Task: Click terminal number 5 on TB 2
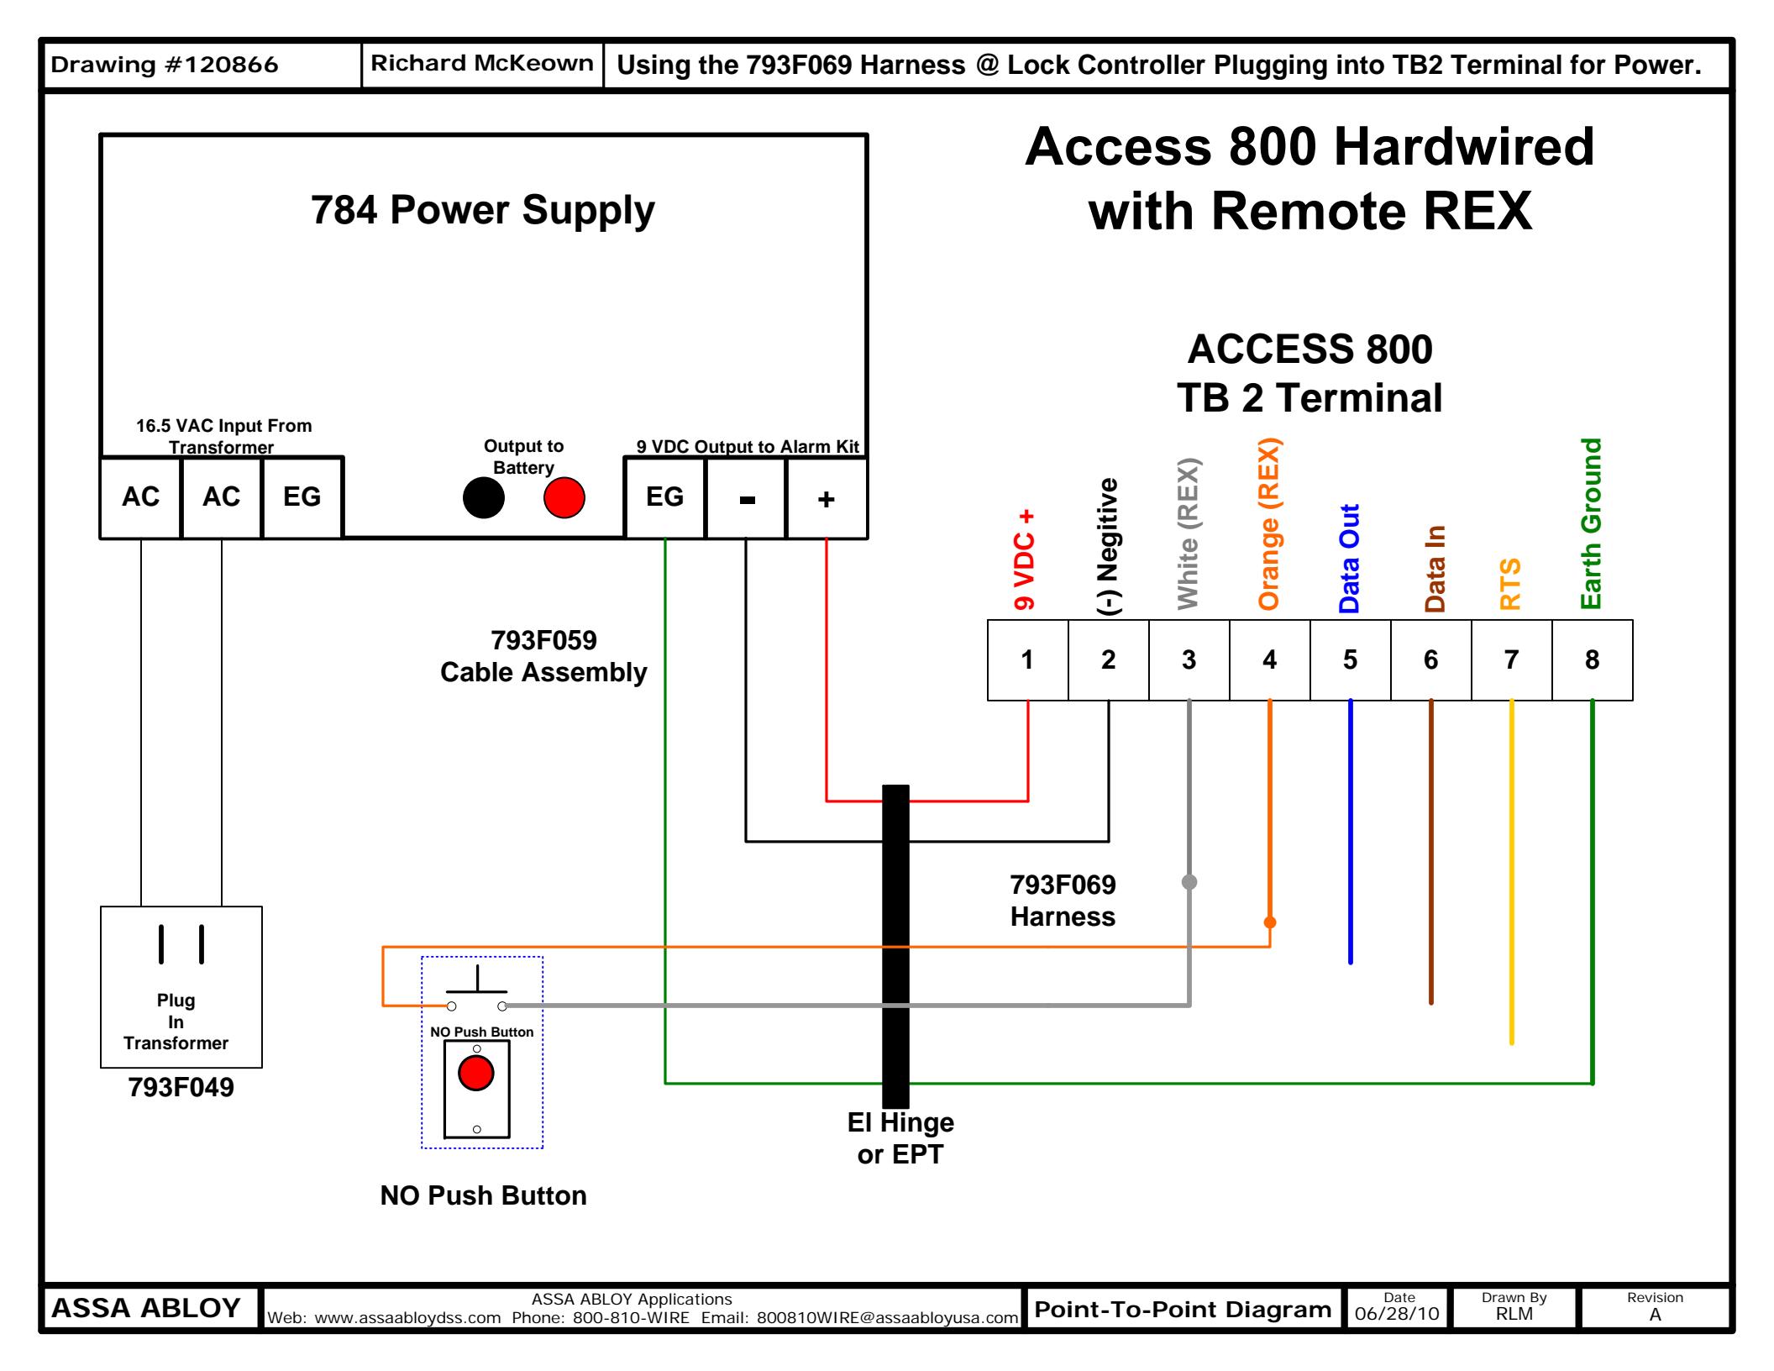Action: pos(1350,660)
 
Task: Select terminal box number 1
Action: pos(1027,660)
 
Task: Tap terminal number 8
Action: pos(1592,660)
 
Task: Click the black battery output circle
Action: pos(484,497)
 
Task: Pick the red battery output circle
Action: pos(564,497)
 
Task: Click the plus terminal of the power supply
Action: pos(827,499)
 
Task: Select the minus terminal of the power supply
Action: pos(747,499)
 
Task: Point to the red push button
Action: pos(476,1073)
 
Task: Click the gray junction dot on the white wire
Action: pos(1189,881)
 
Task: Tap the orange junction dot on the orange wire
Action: pos(1270,922)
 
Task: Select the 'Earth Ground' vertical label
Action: pos(1591,523)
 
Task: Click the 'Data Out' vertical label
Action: pos(1349,559)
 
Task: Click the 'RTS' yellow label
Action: pos(1510,584)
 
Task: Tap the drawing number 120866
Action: pos(165,65)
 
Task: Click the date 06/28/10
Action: pos(1397,1314)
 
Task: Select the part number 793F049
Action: pos(181,1087)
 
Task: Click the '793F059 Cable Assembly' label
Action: pos(543,656)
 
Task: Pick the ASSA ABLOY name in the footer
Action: pos(146,1308)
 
